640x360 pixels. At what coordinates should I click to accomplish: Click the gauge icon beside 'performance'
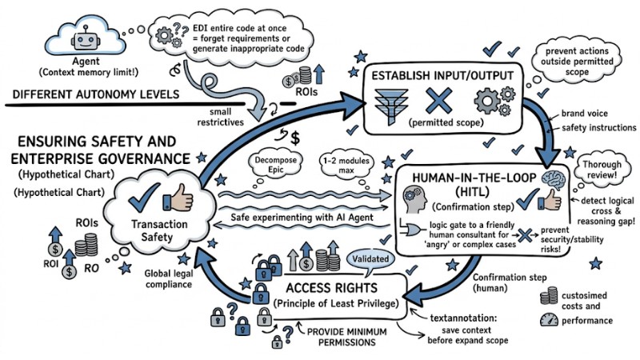pyautogui.click(x=547, y=319)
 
